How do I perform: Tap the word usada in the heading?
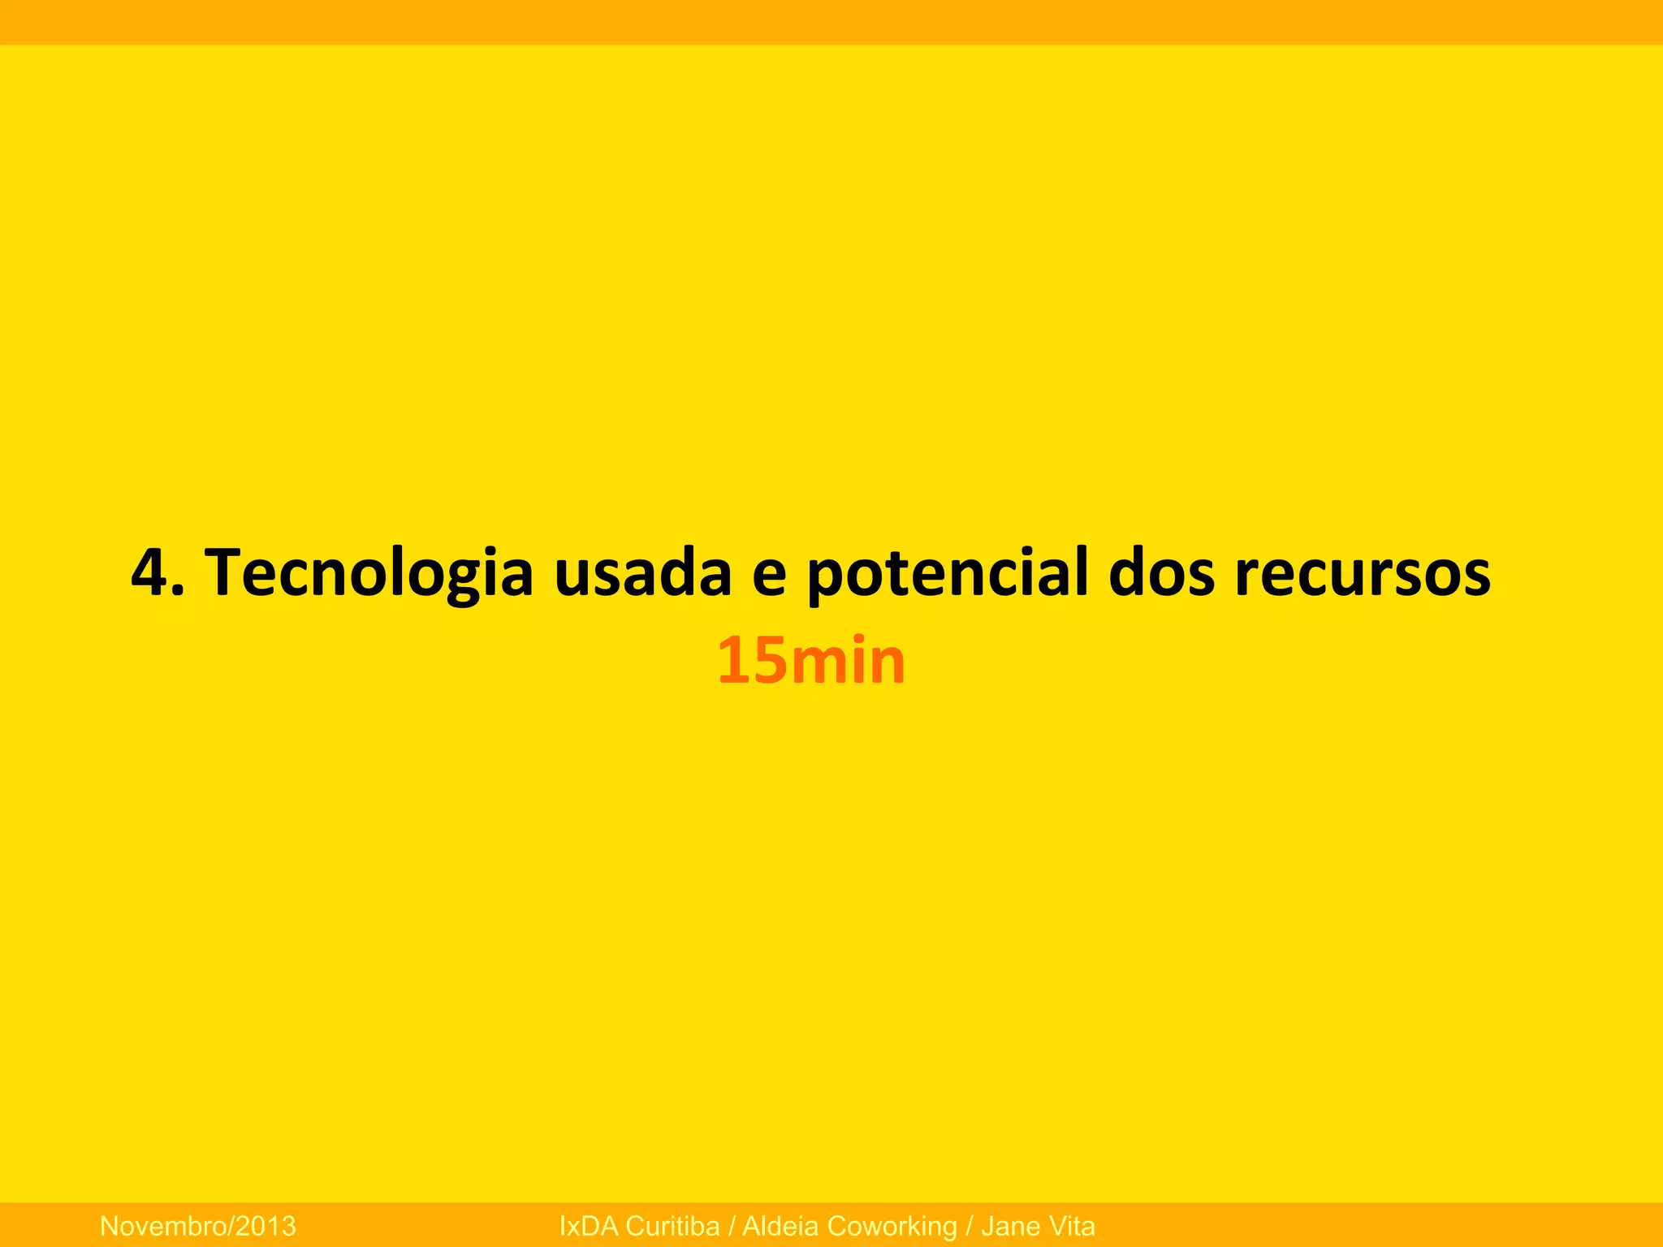[642, 572]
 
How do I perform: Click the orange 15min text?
[810, 661]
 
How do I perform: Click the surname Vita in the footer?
[1071, 1226]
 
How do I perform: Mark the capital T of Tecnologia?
[221, 572]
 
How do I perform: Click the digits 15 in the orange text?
[752, 661]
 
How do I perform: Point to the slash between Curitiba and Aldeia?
[732, 1226]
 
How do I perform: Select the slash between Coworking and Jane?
[970, 1226]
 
